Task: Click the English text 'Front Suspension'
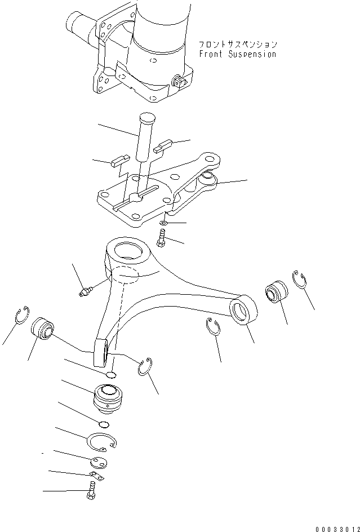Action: (237, 55)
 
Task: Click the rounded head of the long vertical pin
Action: (146, 119)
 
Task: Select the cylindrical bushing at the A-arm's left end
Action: (42, 329)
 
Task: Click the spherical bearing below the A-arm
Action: (106, 397)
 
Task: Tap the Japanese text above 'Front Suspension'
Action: (237, 44)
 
